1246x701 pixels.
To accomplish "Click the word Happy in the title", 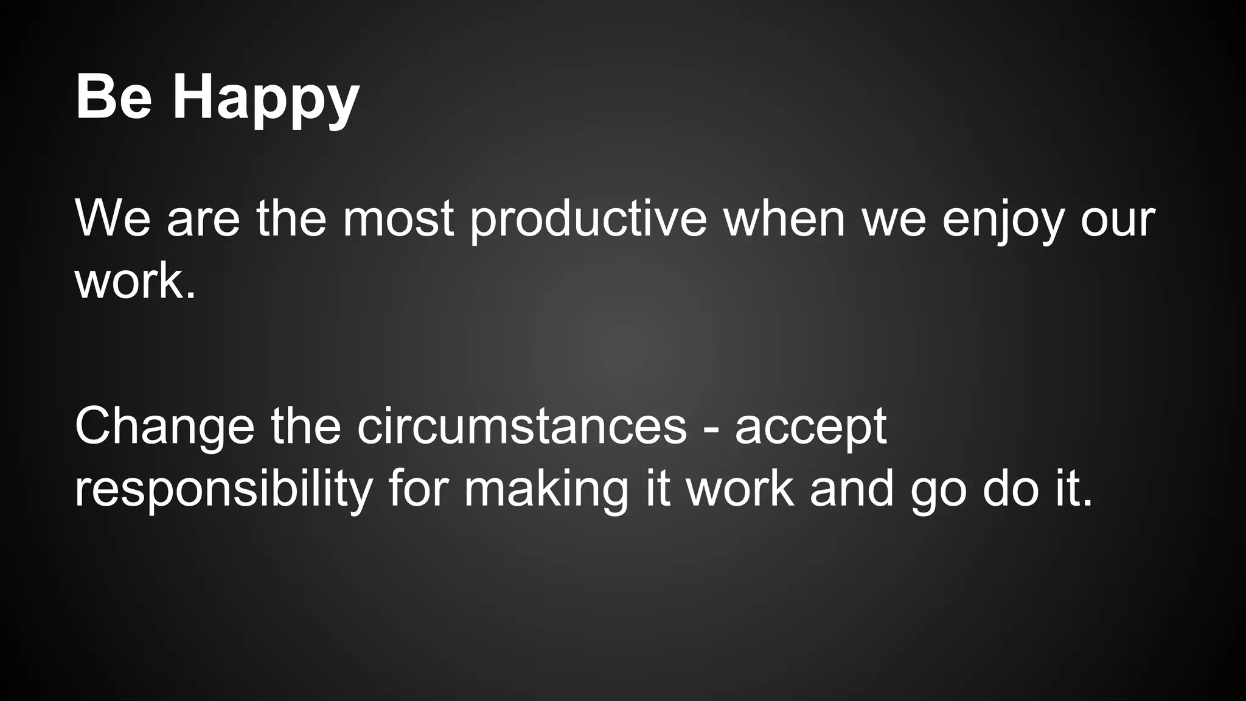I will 266,99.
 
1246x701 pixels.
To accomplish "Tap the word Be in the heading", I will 113,97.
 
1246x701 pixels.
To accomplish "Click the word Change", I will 164,427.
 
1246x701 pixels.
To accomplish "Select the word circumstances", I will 522,427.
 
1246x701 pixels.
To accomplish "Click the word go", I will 938,490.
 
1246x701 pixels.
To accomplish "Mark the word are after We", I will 204,220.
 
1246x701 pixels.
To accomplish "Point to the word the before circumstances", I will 306,427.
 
